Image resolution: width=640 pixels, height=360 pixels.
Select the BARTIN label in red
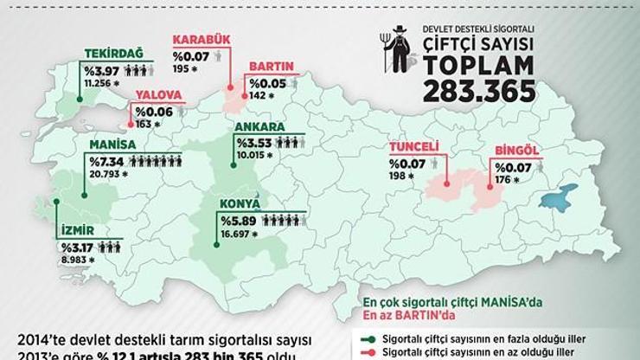pos(272,67)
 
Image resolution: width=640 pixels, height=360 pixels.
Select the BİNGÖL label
pos(516,151)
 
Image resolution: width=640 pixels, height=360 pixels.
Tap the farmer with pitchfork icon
pos(394,54)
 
